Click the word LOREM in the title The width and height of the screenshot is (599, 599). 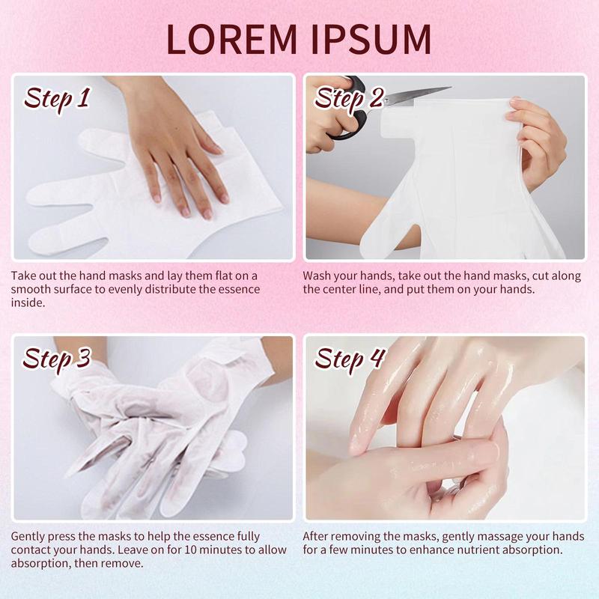coord(231,40)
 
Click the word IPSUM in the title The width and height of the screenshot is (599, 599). coord(371,40)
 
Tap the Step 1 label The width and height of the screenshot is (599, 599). coord(58,100)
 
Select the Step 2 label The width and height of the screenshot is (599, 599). coord(349,100)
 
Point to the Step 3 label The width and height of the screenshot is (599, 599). coord(57,360)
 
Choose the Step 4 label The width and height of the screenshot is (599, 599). coord(349,360)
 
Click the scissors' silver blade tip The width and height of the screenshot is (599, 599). coord(451,88)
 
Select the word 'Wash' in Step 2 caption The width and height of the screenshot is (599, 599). coord(317,276)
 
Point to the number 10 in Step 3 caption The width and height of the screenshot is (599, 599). coord(191,550)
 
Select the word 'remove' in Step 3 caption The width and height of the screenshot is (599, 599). coord(121,564)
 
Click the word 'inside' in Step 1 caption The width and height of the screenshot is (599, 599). coord(27,302)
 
